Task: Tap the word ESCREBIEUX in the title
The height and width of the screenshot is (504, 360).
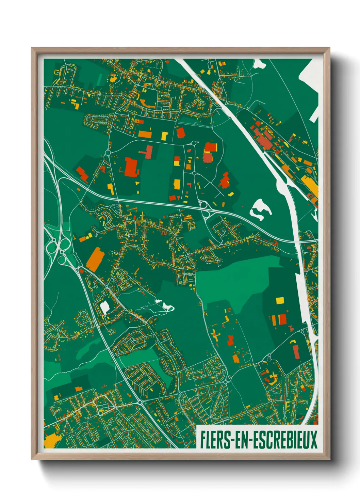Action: (x=285, y=440)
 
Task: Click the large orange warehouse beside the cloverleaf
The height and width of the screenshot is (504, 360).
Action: (x=95, y=259)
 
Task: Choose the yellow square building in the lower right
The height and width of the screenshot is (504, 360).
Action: (x=279, y=300)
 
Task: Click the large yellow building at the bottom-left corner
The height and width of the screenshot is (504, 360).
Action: (x=50, y=441)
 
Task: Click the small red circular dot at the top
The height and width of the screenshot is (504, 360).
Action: (x=167, y=62)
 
